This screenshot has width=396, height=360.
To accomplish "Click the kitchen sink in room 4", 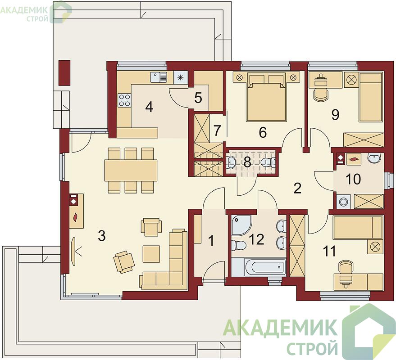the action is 159,77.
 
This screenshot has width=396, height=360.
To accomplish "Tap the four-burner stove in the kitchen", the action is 124,100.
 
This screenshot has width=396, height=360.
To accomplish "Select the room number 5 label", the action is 198,98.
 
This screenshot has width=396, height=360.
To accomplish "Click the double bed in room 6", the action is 266,97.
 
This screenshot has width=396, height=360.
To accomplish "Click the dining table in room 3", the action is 131,170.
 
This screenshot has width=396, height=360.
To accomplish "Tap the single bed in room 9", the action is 371,97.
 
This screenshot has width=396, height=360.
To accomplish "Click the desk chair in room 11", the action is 345,267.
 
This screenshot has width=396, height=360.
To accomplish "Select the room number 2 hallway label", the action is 297,188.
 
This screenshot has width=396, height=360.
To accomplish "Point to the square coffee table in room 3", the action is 151,254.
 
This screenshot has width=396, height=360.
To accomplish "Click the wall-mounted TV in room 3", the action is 74,251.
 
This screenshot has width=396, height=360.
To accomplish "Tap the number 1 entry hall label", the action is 211,240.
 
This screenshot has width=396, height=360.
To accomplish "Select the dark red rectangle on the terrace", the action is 64,72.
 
